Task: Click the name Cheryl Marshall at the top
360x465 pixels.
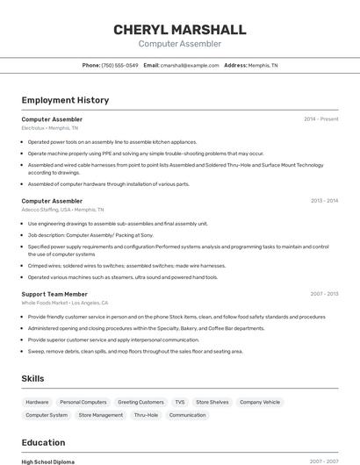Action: tap(179, 30)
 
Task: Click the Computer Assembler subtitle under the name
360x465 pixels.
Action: tap(179, 44)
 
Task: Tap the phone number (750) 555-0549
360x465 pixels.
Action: tap(120, 65)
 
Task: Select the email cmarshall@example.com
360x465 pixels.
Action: tap(190, 65)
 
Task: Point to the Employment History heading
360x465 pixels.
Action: tap(65, 100)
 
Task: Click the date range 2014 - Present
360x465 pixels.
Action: tap(320, 118)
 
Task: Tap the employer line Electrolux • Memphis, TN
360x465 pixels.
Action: tap(50, 128)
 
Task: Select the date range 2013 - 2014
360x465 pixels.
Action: tap(324, 201)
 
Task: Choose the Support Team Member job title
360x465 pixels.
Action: tap(54, 294)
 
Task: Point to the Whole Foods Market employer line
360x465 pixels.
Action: tap(65, 303)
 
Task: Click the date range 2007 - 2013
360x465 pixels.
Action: tap(324, 294)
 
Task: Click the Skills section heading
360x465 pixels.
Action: tap(33, 378)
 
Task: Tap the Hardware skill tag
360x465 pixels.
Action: tap(38, 402)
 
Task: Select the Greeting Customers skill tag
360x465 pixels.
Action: tap(140, 402)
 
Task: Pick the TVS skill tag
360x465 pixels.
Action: tap(180, 402)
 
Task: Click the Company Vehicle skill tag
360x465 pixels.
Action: tap(261, 402)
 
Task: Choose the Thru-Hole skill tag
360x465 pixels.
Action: tap(147, 415)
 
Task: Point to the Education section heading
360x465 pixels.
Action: tap(43, 442)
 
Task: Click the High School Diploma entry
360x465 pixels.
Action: tap(48, 461)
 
